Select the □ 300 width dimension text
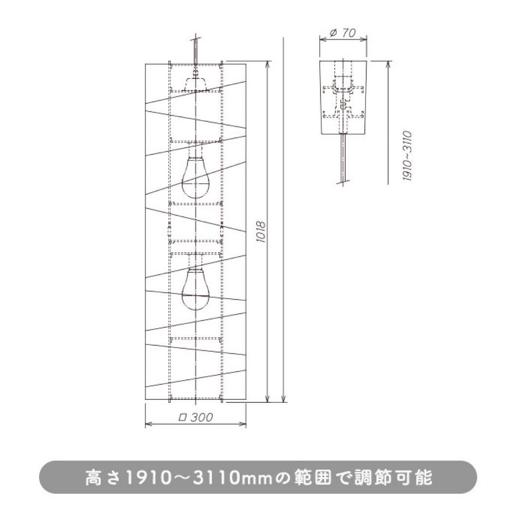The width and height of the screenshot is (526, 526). (x=196, y=417)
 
